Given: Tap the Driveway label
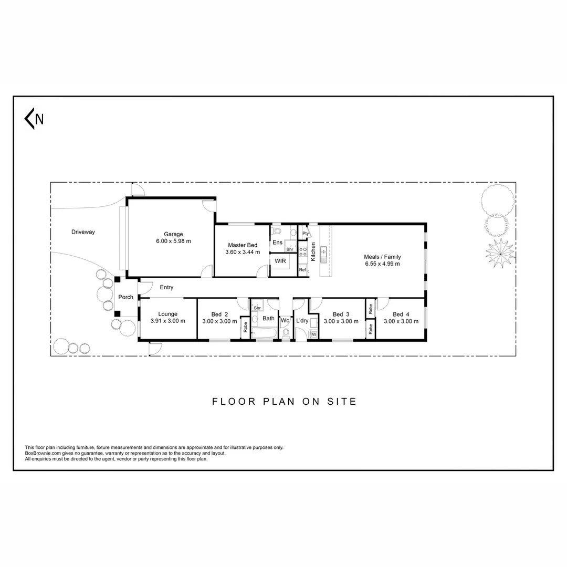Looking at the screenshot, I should pyautogui.click(x=83, y=232).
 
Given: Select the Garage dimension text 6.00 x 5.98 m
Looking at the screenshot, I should pyautogui.click(x=173, y=241).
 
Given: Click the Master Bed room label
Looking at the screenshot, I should pyautogui.click(x=243, y=245).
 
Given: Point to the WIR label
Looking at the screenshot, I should pyautogui.click(x=280, y=261).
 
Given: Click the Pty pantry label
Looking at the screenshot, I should pyautogui.click(x=305, y=234).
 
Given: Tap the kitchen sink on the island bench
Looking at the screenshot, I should pyautogui.click(x=324, y=253).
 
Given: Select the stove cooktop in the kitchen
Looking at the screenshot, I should pyautogui.click(x=303, y=254).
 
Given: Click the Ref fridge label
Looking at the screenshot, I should pyautogui.click(x=302, y=270).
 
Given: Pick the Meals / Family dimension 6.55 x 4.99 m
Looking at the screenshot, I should pyautogui.click(x=382, y=264).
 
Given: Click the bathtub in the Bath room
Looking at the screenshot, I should pyautogui.click(x=263, y=333).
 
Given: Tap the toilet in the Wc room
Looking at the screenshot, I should pyautogui.click(x=286, y=333).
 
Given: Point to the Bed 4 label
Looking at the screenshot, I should pyautogui.click(x=401, y=314).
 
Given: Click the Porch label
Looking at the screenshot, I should pyautogui.click(x=126, y=297).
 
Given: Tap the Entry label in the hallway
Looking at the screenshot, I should pyautogui.click(x=166, y=287).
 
